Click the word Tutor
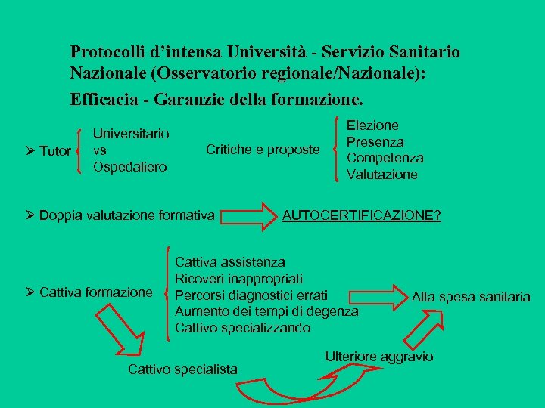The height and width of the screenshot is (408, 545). [55, 151]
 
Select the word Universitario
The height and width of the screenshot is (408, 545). [131, 134]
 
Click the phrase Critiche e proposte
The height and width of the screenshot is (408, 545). [263, 150]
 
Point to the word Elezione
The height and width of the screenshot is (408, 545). [372, 125]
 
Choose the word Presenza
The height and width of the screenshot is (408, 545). [375, 141]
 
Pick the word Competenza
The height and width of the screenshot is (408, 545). [385, 158]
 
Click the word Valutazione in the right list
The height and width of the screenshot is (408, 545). [381, 175]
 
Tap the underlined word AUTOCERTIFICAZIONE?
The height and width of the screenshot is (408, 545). [362, 216]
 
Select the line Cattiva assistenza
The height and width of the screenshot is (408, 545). [230, 263]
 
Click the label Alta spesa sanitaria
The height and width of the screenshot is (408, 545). [471, 296]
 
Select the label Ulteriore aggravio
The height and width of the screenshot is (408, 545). [378, 356]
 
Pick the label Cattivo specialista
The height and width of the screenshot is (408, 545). [182, 369]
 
